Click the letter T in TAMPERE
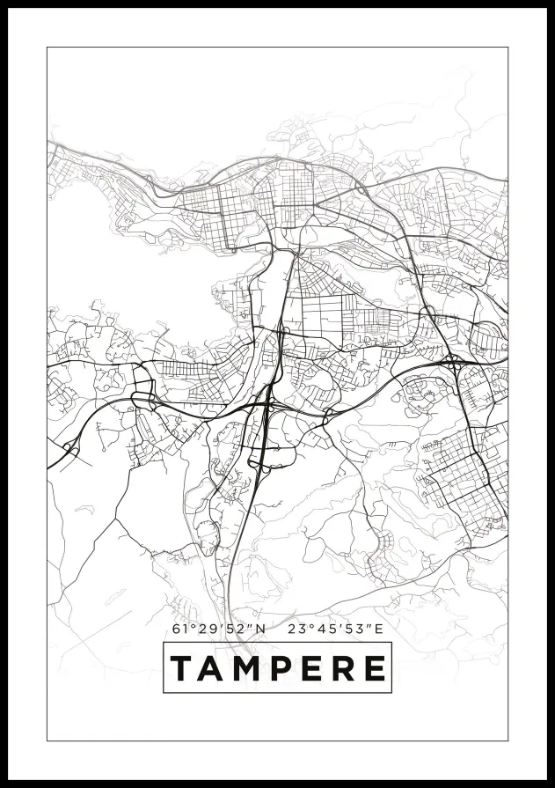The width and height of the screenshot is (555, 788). click(x=182, y=668)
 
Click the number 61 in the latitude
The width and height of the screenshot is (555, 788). click(x=179, y=630)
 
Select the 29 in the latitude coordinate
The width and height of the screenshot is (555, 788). click(x=201, y=630)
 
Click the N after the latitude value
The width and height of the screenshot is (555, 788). click(x=250, y=630)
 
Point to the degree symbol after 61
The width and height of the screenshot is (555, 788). click(x=189, y=626)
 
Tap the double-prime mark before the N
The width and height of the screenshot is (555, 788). click(x=239, y=626)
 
